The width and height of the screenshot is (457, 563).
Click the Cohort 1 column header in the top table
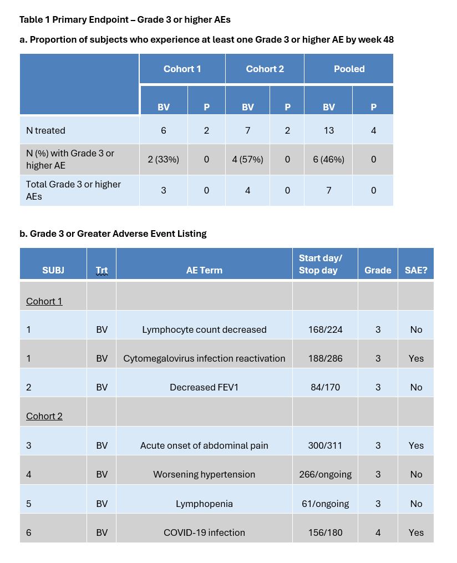(182, 69)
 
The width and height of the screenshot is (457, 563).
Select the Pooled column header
(349, 69)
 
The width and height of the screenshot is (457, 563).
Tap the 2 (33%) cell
(163, 159)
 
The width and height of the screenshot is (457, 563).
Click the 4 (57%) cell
(247, 159)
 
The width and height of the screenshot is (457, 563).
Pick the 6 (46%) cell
(328, 159)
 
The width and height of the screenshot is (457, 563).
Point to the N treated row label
(45, 130)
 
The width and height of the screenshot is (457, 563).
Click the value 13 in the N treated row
(328, 130)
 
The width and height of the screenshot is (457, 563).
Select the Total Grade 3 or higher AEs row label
(73, 190)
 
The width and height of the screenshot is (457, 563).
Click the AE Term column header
(204, 270)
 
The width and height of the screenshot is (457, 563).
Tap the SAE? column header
(416, 270)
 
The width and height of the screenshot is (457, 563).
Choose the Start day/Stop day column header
(321, 264)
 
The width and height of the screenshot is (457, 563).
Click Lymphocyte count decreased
(204, 329)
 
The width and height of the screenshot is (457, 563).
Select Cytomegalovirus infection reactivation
(204, 358)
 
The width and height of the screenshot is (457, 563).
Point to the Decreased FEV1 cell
(204, 387)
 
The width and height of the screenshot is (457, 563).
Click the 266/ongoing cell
(325, 474)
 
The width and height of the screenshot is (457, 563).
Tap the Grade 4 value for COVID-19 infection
(378, 532)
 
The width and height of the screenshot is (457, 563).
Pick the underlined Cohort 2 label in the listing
(44, 416)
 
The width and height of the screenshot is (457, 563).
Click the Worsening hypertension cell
(204, 474)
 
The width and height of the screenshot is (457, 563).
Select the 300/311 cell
(325, 445)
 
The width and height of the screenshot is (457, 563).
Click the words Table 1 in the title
(34, 19)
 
